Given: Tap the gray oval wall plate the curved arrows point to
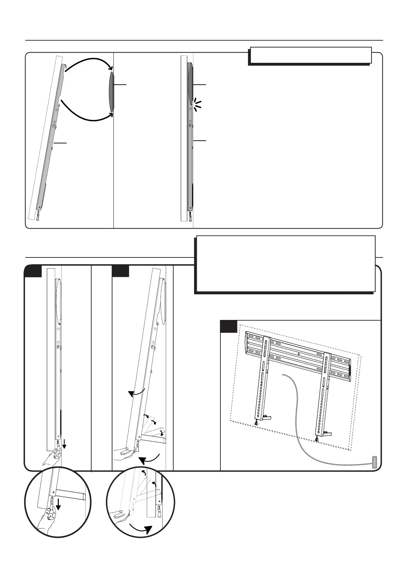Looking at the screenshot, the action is (111, 91).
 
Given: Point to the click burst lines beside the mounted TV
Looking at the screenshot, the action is (196, 104).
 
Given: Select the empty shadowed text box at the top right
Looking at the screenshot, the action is (310, 55).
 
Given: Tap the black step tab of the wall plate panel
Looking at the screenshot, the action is (228, 326).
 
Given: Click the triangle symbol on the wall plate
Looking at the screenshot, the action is (298, 354).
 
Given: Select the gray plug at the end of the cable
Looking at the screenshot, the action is (375, 462).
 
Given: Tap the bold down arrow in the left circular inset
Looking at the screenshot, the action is (59, 512).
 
